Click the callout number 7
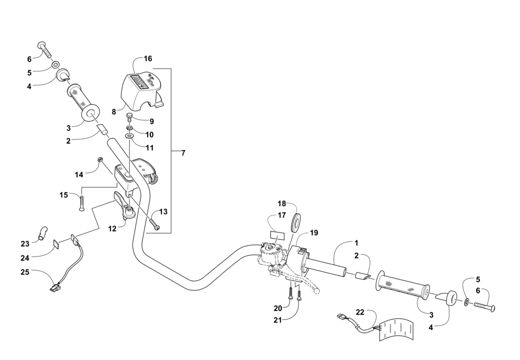pos(183,153)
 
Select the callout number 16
pos(148,59)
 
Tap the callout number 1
pos(356,243)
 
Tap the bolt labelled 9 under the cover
pos(129,117)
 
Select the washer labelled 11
pos(129,137)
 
